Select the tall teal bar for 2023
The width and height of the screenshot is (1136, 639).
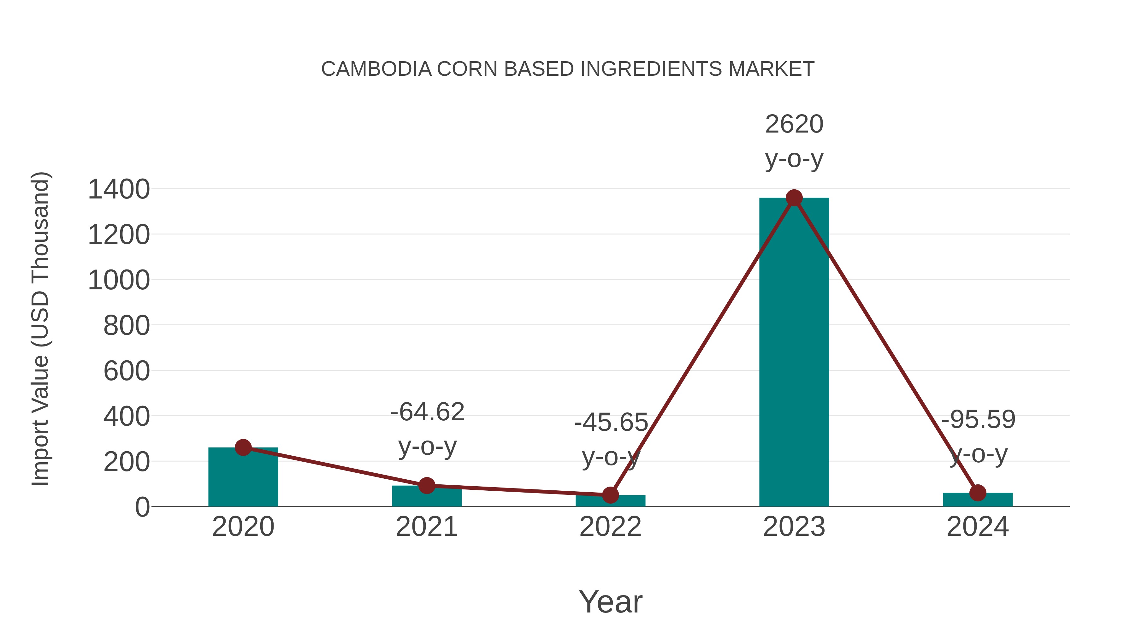[794, 353]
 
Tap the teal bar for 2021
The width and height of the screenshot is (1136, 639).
[426, 497]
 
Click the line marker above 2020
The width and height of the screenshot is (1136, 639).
[243, 447]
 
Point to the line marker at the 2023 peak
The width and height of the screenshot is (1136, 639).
[794, 198]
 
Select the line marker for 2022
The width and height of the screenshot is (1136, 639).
[610, 495]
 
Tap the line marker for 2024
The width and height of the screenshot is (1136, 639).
[978, 493]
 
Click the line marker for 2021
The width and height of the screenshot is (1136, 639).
[426, 486]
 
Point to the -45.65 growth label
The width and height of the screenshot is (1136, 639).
[611, 423]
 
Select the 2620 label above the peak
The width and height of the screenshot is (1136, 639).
[794, 124]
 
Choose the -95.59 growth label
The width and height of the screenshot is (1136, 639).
[978, 419]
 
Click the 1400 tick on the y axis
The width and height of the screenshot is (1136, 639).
[119, 190]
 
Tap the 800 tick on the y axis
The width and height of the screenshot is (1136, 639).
[127, 326]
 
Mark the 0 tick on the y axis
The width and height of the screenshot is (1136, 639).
[142, 507]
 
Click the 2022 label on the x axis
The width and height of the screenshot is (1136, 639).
[610, 527]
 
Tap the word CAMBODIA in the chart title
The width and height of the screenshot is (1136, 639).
[376, 69]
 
